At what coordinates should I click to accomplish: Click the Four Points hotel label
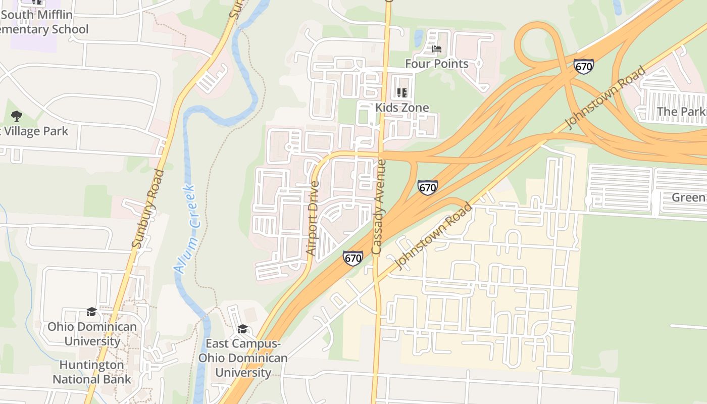(437, 64)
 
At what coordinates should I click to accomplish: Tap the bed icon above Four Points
(437, 49)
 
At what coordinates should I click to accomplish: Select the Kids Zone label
(402, 108)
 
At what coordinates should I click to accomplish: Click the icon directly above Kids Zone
(402, 93)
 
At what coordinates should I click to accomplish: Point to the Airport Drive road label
(313, 218)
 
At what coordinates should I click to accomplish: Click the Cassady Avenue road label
(378, 207)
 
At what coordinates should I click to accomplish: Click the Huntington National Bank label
(91, 372)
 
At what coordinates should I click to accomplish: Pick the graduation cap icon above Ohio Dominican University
(91, 312)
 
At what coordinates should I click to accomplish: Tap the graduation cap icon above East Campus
(242, 329)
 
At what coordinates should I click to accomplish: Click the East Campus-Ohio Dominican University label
(243, 358)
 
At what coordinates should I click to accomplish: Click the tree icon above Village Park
(17, 116)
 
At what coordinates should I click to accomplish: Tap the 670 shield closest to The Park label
(583, 66)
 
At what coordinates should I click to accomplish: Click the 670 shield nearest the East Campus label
(352, 258)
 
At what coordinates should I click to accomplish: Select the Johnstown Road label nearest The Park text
(605, 97)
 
